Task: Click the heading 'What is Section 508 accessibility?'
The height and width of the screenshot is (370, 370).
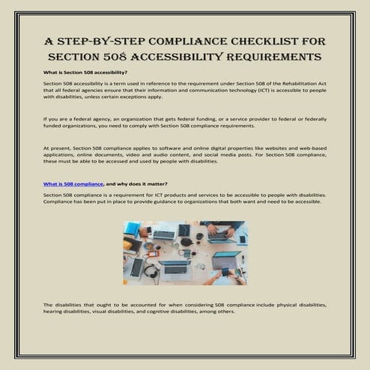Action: click(x=85, y=72)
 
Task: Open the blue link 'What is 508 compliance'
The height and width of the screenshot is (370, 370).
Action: click(x=73, y=184)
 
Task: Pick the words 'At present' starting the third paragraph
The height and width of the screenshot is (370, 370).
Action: click(x=56, y=148)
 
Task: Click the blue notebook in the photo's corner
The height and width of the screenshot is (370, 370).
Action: click(x=132, y=228)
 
